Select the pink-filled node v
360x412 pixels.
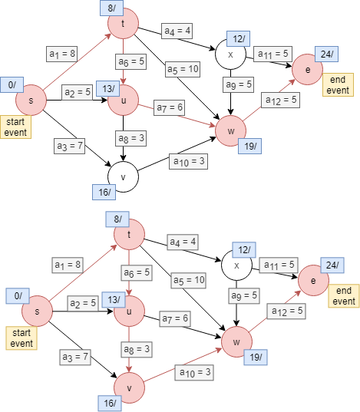point(129,388)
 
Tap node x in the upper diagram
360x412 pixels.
point(230,54)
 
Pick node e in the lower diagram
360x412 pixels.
point(312,281)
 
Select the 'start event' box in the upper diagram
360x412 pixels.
point(15,127)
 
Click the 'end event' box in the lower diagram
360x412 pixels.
point(343,296)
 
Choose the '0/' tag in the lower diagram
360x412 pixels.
point(18,295)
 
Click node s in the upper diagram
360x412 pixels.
point(31,101)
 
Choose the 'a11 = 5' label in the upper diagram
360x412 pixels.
point(272,54)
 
